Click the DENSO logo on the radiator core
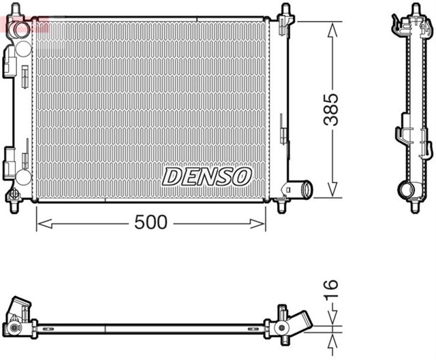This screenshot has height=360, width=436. (x=206, y=177)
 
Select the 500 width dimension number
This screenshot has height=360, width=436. (x=151, y=223)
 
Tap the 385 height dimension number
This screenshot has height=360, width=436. (x=331, y=109)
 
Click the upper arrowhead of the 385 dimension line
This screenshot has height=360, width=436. (x=332, y=27)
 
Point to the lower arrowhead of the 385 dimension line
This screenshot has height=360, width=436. (x=332, y=192)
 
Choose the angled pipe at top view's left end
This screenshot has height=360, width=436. (x=20, y=310)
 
